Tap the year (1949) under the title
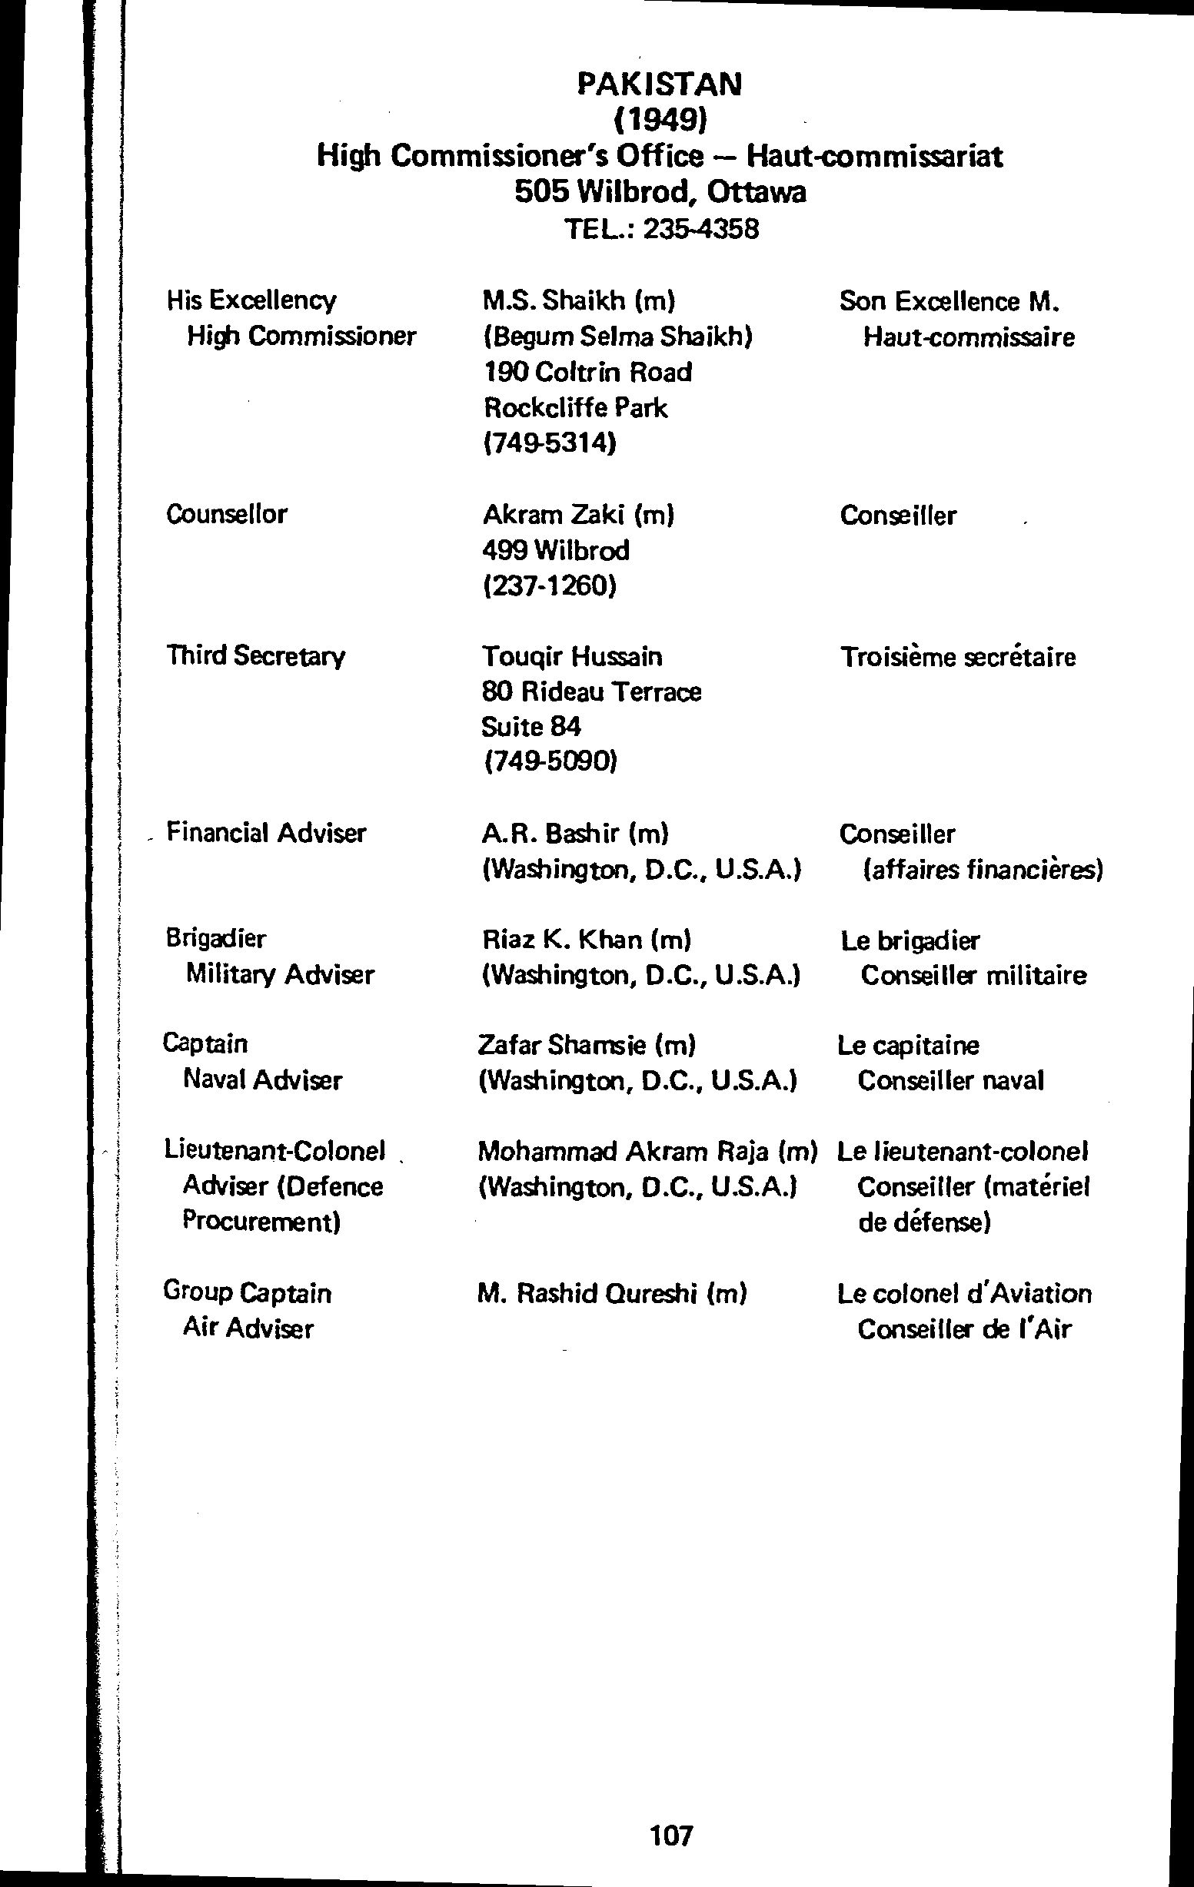[x=660, y=120]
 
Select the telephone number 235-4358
[x=700, y=229]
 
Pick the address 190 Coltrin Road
[x=587, y=371]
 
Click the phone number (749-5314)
[x=550, y=443]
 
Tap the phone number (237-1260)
[x=550, y=585]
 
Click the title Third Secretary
[x=254, y=656]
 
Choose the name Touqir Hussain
[x=572, y=656]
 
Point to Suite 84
[x=531, y=727]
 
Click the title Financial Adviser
[x=266, y=832]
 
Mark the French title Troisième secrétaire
[x=958, y=657]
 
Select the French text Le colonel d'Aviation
[x=964, y=1293]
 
